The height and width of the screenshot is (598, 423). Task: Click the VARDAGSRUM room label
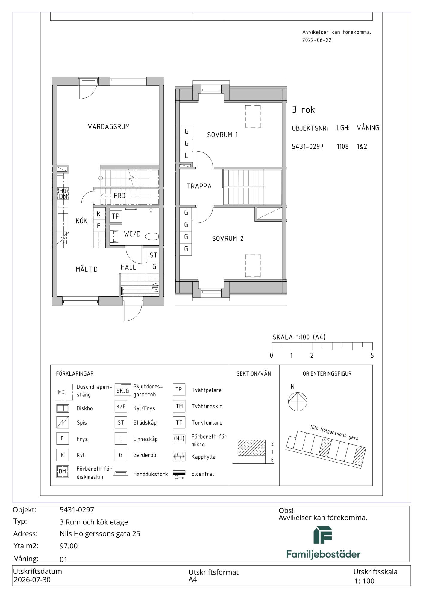tap(109, 127)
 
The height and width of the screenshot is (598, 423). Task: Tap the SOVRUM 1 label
tap(222, 135)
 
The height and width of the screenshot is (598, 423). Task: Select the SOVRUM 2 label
tap(228, 239)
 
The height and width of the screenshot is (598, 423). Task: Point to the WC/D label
tap(132, 234)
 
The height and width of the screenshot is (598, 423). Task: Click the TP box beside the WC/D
tap(116, 216)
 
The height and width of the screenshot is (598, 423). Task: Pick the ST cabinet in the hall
tap(153, 255)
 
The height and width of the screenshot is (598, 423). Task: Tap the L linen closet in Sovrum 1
tap(186, 155)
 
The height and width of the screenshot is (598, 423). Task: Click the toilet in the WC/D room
tap(152, 237)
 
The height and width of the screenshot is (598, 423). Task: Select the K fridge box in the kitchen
tap(99, 214)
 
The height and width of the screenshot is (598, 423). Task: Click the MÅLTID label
tap(87, 269)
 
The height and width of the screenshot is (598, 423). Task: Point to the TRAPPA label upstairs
tap(199, 186)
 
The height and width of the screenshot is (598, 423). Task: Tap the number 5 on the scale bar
tap(372, 356)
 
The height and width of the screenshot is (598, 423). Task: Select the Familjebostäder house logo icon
tap(323, 535)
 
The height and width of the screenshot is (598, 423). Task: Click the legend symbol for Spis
tap(63, 422)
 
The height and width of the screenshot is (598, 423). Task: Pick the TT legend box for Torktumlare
tap(179, 422)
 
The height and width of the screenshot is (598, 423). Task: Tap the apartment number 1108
tap(342, 147)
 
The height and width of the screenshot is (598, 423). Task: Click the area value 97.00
tap(69, 546)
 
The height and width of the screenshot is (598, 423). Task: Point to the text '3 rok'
tap(303, 110)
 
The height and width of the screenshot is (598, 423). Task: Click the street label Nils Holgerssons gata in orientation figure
tap(334, 433)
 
